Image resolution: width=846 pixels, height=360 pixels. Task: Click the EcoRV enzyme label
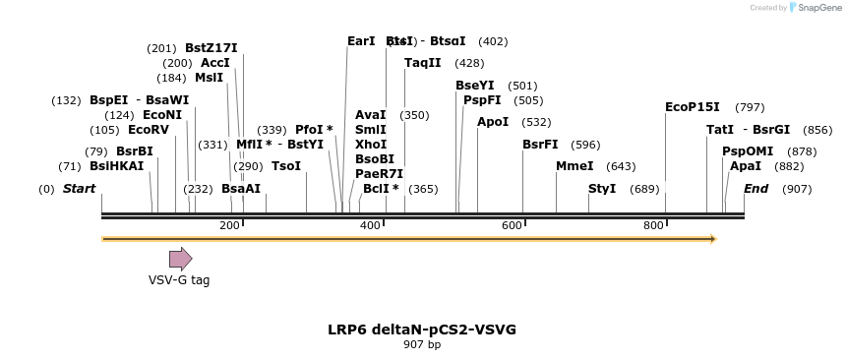click(149, 130)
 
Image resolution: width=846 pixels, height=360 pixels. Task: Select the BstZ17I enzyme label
click(211, 48)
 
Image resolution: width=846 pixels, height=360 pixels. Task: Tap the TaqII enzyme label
click(423, 63)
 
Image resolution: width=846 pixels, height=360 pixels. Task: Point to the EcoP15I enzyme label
click(693, 107)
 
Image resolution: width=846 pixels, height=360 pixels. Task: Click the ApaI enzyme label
click(745, 166)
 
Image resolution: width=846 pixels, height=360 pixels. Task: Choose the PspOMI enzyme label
click(748, 151)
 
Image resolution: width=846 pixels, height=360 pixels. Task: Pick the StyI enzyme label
click(602, 188)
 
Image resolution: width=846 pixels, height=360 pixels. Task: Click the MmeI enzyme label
click(574, 166)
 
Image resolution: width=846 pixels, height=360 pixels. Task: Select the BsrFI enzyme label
click(540, 145)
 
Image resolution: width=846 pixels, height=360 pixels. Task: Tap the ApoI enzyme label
click(493, 122)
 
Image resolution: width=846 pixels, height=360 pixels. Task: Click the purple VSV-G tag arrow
click(180, 259)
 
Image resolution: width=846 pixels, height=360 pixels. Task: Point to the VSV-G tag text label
click(179, 280)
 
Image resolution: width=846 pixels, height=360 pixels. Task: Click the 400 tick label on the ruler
click(370, 226)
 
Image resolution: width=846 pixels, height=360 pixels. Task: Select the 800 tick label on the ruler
click(653, 226)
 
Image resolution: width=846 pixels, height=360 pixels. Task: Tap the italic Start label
click(80, 188)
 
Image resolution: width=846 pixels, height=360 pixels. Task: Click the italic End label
click(755, 188)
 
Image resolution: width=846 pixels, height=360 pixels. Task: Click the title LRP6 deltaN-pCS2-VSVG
click(422, 330)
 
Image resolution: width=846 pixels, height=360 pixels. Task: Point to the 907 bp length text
click(422, 345)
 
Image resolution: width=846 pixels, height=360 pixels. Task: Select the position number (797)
click(750, 107)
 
